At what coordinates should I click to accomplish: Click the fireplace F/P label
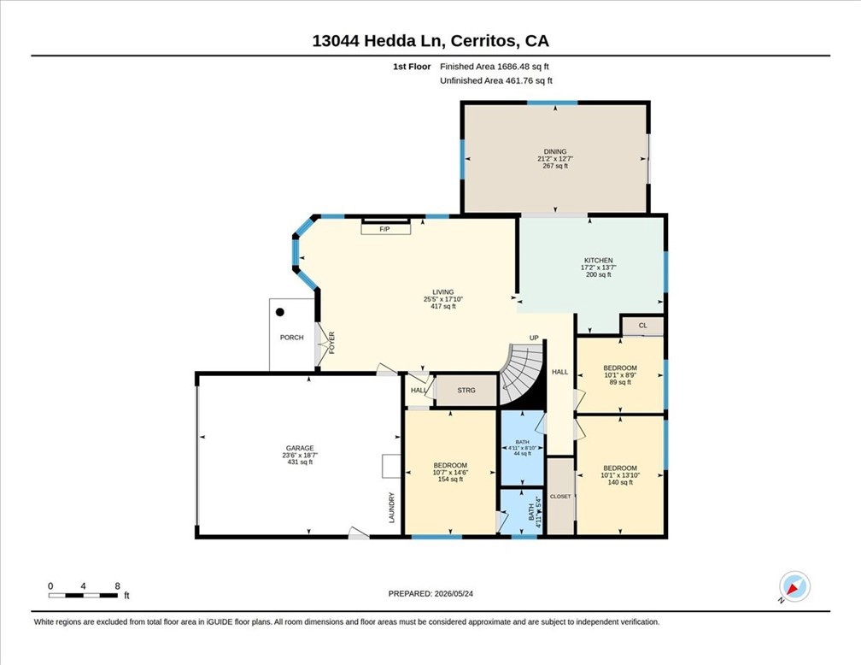pyautogui.click(x=385, y=229)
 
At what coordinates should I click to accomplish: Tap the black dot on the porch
pyautogui.click(x=280, y=312)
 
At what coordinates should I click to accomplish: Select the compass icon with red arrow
pyautogui.click(x=794, y=586)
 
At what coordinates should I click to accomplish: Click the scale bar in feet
pyautogui.click(x=83, y=595)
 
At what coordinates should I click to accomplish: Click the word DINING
pyautogui.click(x=555, y=151)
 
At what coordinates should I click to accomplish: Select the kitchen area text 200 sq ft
pyautogui.click(x=599, y=274)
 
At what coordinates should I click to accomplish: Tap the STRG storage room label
pyautogui.click(x=466, y=391)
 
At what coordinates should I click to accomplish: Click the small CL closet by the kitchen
pyautogui.click(x=643, y=326)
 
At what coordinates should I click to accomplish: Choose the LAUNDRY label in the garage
pyautogui.click(x=392, y=507)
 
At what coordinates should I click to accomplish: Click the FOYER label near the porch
pyautogui.click(x=332, y=343)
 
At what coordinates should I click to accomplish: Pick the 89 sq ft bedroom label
pyautogui.click(x=620, y=383)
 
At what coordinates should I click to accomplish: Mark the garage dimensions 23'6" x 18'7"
pyautogui.click(x=300, y=455)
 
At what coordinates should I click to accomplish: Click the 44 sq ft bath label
pyautogui.click(x=522, y=454)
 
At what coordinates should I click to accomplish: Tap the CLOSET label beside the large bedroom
pyautogui.click(x=560, y=497)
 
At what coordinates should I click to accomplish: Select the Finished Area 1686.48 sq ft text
pyautogui.click(x=495, y=67)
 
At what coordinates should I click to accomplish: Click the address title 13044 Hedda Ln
pyautogui.click(x=381, y=41)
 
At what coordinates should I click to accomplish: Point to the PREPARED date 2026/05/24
pyautogui.click(x=430, y=593)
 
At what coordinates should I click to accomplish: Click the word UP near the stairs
pyautogui.click(x=534, y=338)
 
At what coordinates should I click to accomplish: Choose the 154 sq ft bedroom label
pyautogui.click(x=450, y=480)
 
